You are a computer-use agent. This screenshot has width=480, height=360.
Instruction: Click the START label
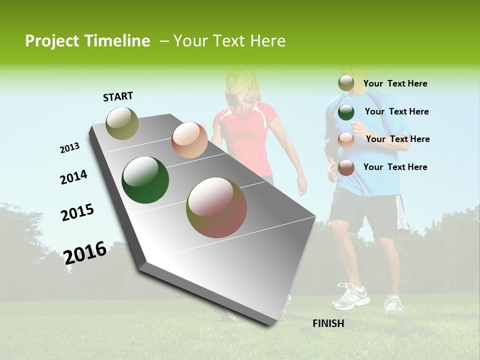pos(118,96)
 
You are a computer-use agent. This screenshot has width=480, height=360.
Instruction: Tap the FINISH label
pos(328,323)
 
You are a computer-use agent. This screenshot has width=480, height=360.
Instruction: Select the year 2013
pos(69,148)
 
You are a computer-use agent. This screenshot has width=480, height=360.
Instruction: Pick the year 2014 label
pos(73,177)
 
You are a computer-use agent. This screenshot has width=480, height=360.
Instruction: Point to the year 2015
pos(77,212)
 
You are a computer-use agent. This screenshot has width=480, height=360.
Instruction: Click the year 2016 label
pos(85,252)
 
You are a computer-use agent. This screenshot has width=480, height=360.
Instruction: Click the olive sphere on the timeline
pos(122,123)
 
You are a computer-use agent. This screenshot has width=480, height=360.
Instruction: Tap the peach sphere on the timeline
pos(189,140)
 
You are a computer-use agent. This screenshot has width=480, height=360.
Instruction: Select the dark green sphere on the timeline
pos(145,180)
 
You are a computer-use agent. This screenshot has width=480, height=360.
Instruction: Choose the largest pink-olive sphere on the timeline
pos(216,207)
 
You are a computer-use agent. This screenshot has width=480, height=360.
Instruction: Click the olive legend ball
pos(346,83)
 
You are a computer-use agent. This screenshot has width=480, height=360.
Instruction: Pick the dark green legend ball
pos(346,112)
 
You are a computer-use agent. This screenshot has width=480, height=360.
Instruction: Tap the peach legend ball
pos(346,140)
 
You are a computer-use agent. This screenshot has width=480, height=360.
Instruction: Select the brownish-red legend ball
pos(346,167)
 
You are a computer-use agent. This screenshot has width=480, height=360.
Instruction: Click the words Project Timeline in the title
pos(87,41)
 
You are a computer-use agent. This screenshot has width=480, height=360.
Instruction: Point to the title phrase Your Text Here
pos(229,41)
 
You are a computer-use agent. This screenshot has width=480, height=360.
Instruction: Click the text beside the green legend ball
pos(396,111)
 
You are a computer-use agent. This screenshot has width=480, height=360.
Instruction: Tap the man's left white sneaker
pos(350,296)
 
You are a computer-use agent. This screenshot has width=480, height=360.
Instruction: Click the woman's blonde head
pos(242,87)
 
